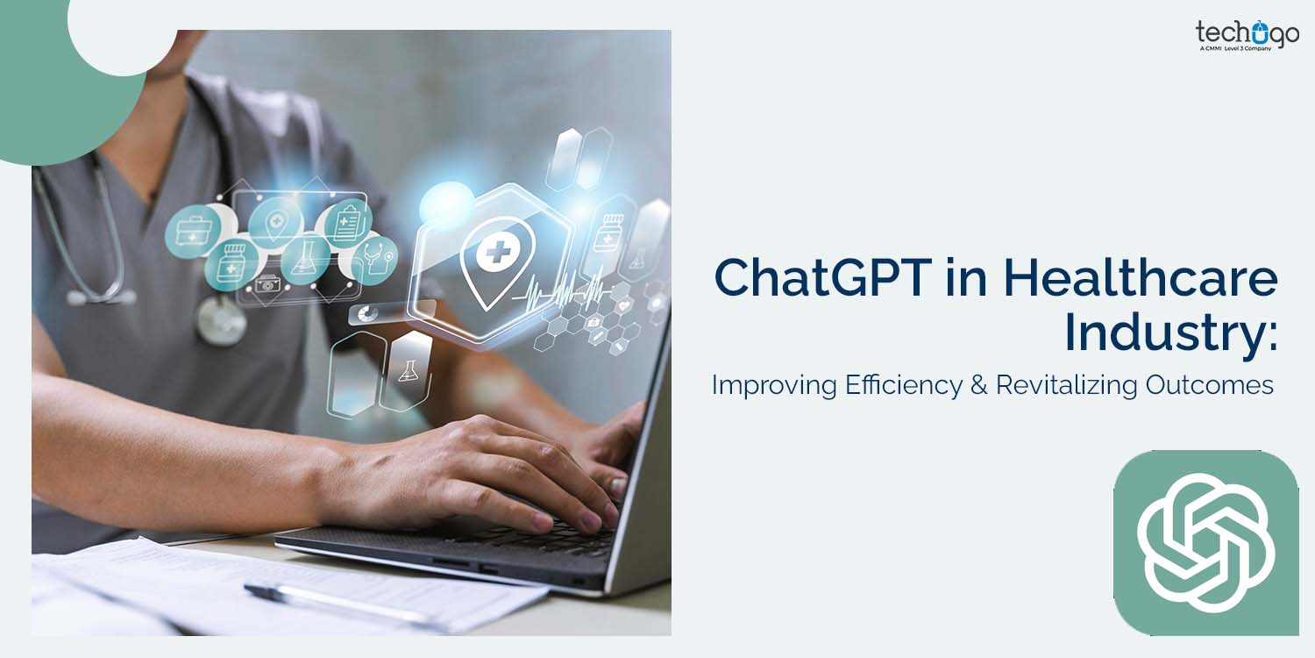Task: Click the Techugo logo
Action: [1247, 35]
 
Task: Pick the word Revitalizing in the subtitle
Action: [1065, 385]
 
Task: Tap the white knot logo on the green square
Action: [1205, 542]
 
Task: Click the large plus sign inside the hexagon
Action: [494, 254]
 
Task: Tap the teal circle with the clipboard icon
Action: [348, 222]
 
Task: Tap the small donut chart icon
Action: [368, 313]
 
